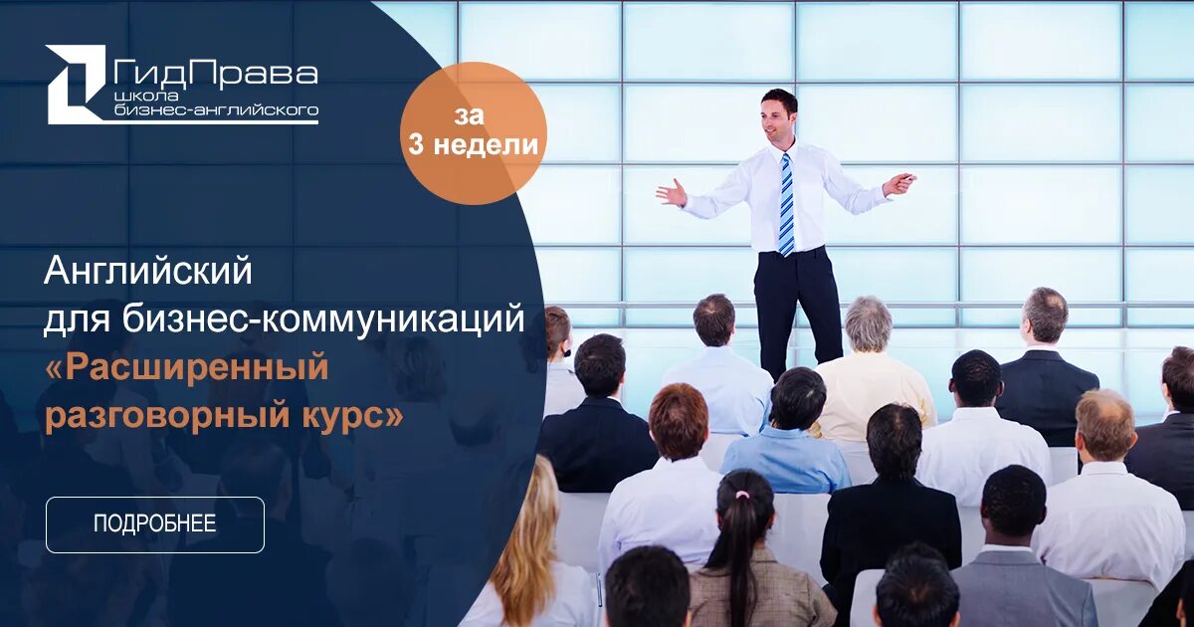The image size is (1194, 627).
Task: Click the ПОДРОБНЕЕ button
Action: tap(154, 524)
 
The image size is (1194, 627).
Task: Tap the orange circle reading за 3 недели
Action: tap(474, 132)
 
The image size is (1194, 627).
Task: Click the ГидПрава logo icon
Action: tap(76, 84)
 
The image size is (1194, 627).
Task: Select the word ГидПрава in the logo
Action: tap(216, 73)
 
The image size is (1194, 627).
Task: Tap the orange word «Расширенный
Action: tap(186, 367)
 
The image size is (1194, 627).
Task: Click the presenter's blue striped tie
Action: tap(786, 204)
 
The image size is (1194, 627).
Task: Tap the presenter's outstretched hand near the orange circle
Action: tap(673, 192)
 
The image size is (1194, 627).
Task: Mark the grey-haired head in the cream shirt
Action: tap(868, 323)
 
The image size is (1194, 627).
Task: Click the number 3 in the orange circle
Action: tap(414, 145)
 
